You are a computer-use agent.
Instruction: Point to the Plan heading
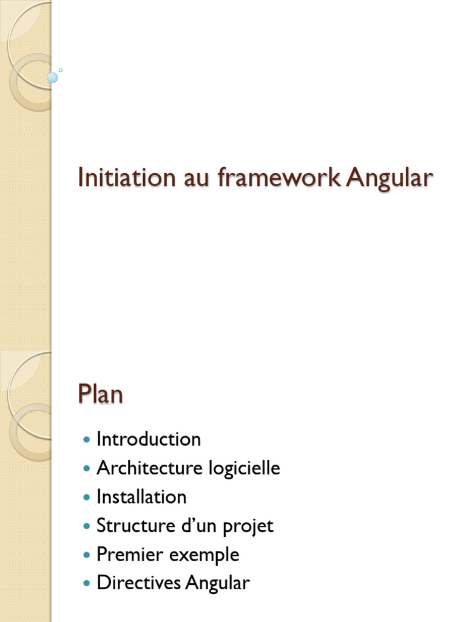pyautogui.click(x=100, y=395)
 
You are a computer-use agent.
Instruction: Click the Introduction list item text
pyautogui.click(x=149, y=439)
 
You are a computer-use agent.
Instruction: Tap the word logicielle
pyautogui.click(x=244, y=469)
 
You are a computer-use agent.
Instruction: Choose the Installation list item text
pyautogui.click(x=141, y=497)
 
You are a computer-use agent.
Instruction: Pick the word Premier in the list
pyautogui.click(x=122, y=555)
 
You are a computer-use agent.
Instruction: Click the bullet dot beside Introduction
pyautogui.click(x=87, y=440)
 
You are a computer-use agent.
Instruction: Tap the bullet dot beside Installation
pyautogui.click(x=87, y=497)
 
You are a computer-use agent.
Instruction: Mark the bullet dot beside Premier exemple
pyautogui.click(x=87, y=555)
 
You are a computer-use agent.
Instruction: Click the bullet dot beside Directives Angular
pyautogui.click(x=87, y=584)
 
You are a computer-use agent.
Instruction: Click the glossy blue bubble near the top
pyautogui.click(x=53, y=77)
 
